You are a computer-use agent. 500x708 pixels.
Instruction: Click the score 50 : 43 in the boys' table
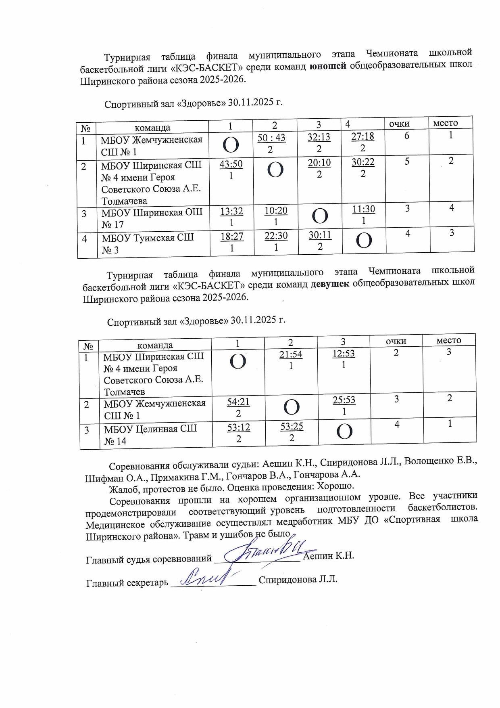click(271, 138)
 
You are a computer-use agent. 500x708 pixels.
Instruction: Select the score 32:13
click(319, 137)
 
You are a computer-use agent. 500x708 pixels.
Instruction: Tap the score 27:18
click(362, 136)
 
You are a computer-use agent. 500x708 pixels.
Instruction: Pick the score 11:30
click(363, 209)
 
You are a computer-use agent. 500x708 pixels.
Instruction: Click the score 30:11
click(320, 235)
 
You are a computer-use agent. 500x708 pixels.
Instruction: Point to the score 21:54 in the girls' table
click(291, 354)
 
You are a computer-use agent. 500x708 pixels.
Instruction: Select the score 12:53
click(344, 354)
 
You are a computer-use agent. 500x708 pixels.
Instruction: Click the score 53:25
click(292, 427)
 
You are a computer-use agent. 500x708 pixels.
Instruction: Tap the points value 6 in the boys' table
click(406, 136)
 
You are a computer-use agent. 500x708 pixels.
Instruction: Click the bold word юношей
click(328, 66)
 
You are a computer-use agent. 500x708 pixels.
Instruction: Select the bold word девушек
click(330, 284)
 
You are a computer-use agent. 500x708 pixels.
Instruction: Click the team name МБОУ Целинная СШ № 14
click(150, 435)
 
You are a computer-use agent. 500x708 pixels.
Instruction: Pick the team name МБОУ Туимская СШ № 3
click(148, 243)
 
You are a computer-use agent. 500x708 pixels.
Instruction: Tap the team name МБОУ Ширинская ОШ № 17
click(152, 218)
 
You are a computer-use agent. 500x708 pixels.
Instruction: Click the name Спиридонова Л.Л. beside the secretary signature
click(298, 580)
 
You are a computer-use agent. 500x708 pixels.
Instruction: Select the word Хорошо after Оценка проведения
click(335, 486)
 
